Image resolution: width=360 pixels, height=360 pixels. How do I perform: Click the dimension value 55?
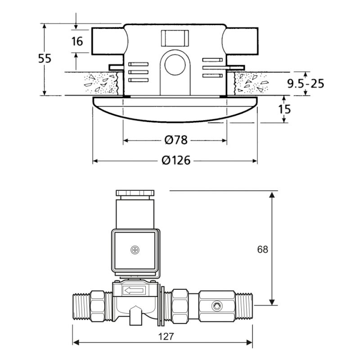tap(45, 58)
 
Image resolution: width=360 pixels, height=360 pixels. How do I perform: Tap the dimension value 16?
tap(77, 41)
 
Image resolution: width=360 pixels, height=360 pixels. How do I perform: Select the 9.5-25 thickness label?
tap(306, 84)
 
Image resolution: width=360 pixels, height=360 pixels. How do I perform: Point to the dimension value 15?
tap(284, 109)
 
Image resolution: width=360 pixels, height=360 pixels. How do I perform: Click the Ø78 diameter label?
tap(176, 140)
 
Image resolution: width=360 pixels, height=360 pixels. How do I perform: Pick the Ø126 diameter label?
tap(176, 160)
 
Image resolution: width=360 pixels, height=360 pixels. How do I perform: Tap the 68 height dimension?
tap(263, 249)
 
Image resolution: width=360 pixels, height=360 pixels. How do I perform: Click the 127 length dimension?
tap(166, 337)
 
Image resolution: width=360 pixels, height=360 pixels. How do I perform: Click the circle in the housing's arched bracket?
tap(175, 65)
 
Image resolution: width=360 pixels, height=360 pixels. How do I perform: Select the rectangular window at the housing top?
tap(175, 38)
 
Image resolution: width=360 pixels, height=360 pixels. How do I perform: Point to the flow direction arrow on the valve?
tap(134, 291)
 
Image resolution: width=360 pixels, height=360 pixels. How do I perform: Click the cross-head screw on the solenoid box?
tap(135, 250)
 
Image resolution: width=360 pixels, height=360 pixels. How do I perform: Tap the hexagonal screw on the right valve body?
tap(217, 306)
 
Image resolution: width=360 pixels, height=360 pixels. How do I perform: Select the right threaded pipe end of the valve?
tap(244, 306)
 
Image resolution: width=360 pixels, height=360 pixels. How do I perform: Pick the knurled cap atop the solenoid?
tap(135, 193)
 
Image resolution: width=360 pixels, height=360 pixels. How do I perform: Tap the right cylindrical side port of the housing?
tap(240, 41)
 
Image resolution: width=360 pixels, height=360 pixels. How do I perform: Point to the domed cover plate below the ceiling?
tap(175, 109)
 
